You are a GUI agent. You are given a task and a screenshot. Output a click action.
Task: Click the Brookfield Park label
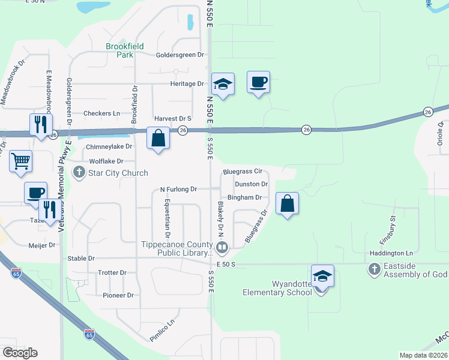click(x=119, y=50)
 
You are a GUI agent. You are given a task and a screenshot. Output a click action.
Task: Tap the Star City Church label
click(x=118, y=173)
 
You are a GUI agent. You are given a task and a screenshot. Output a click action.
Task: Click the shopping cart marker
click(x=20, y=161)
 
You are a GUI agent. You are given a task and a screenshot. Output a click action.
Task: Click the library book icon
click(x=221, y=247)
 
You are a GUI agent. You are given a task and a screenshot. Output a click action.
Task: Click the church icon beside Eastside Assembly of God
click(x=375, y=269)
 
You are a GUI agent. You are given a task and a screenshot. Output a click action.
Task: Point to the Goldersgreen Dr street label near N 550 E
click(x=179, y=55)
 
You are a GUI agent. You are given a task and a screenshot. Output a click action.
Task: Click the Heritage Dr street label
click(x=187, y=83)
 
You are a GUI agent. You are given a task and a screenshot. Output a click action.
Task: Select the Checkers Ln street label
click(x=101, y=113)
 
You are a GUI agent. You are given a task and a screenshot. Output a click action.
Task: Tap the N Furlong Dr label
click(x=178, y=189)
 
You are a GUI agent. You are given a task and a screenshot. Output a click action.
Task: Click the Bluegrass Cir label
click(x=243, y=171)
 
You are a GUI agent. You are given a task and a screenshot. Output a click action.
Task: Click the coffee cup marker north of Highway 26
click(x=259, y=82)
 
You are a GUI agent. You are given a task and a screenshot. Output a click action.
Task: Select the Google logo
click(x=20, y=353)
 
